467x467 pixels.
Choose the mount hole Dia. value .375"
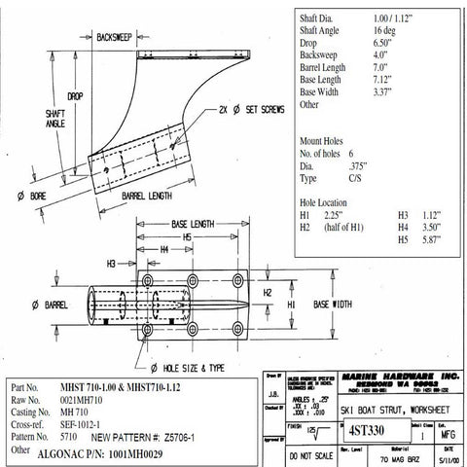(359, 166)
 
